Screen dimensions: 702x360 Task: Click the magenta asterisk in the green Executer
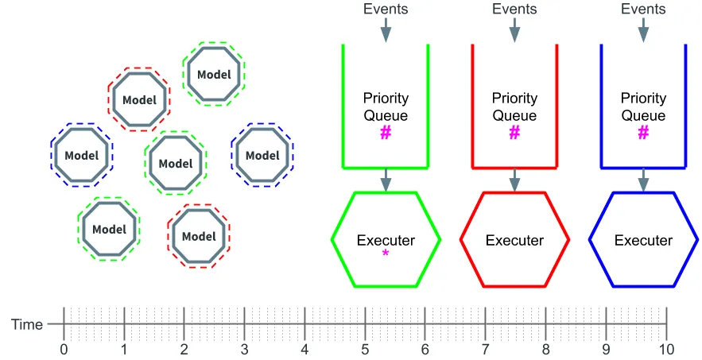[386, 254]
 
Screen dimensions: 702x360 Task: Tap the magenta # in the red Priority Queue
[514, 133]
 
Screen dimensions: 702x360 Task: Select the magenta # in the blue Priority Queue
[643, 133]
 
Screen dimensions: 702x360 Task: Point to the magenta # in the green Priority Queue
[386, 133]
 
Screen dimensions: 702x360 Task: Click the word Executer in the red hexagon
[514, 241]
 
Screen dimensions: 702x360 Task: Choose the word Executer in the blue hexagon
[643, 241]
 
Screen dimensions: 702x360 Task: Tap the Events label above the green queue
[386, 9]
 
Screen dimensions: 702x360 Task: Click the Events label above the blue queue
[643, 9]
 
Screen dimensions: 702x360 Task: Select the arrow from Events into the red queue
[514, 30]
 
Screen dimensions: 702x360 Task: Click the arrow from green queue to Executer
[386, 180]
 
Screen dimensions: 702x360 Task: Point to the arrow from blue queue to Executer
[643, 180]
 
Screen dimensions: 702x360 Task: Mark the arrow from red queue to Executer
[514, 180]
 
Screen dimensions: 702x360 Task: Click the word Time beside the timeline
[27, 324]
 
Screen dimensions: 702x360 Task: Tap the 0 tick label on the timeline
[64, 349]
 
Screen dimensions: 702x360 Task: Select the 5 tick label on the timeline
[365, 349]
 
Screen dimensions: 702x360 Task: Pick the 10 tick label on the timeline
[666, 349]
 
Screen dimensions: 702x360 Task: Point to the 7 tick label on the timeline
[485, 349]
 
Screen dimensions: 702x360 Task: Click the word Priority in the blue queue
[643, 99]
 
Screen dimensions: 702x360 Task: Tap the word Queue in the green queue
[386, 115]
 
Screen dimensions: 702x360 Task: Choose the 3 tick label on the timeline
[244, 349]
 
